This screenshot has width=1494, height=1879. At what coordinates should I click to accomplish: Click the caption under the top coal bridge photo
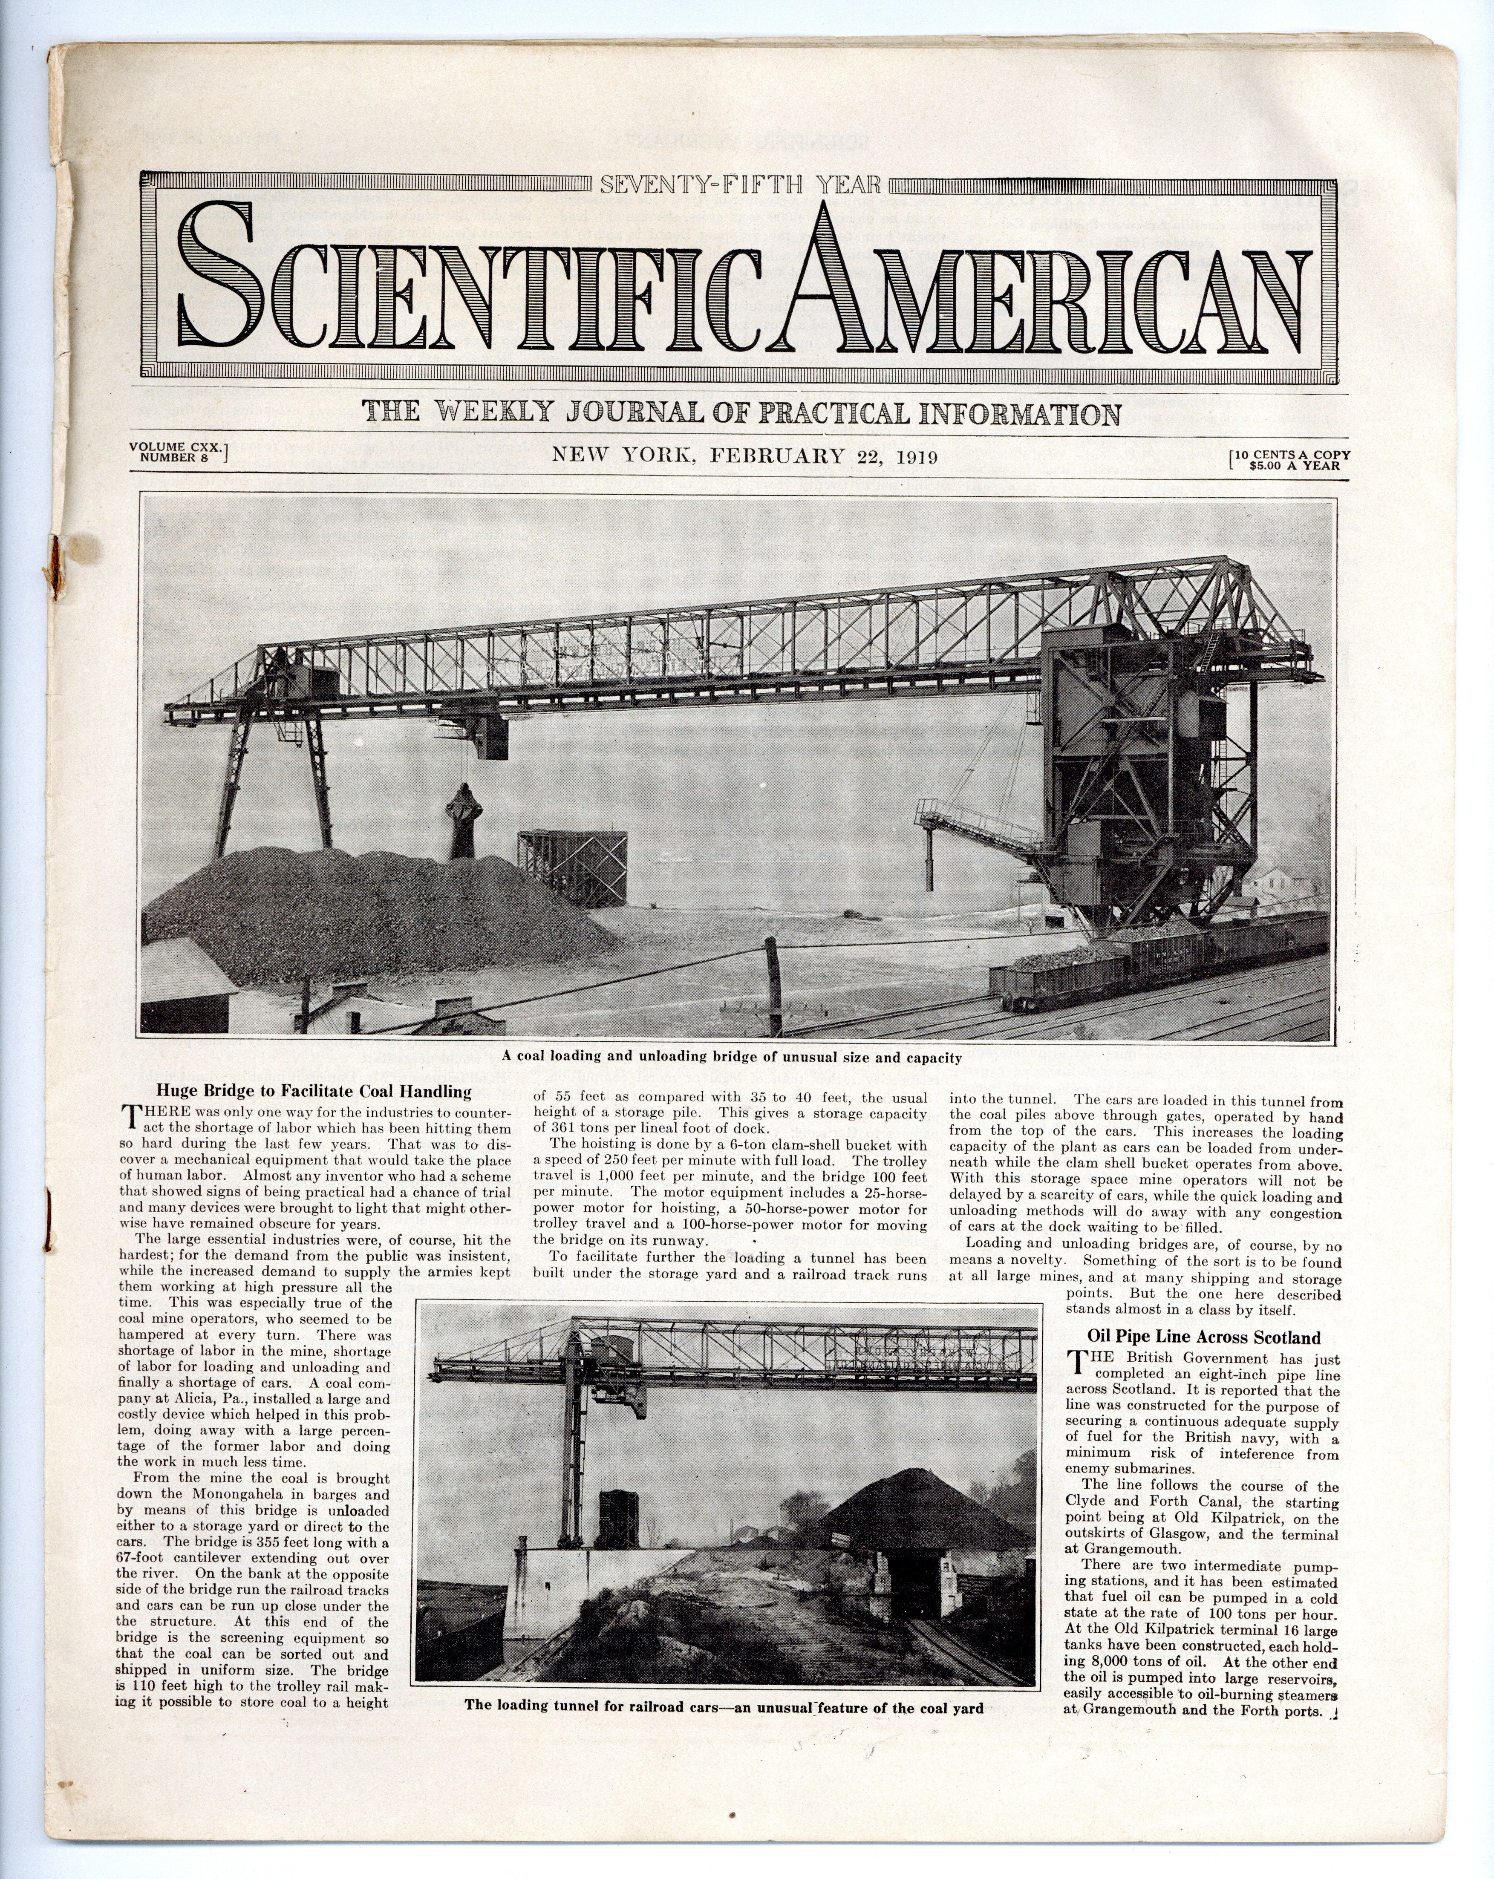pos(732,1058)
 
